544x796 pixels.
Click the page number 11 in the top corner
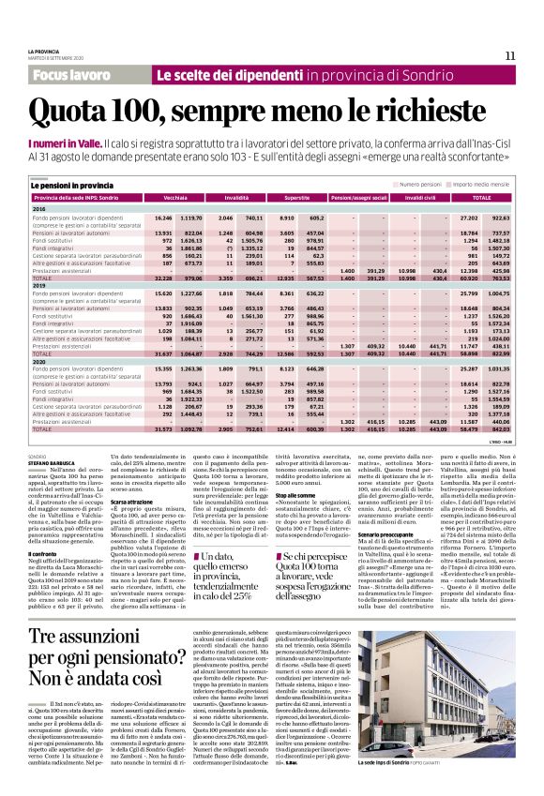[x=510, y=55]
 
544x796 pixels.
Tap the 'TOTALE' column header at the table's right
[x=480, y=198]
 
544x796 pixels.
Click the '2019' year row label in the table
[x=40, y=286]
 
